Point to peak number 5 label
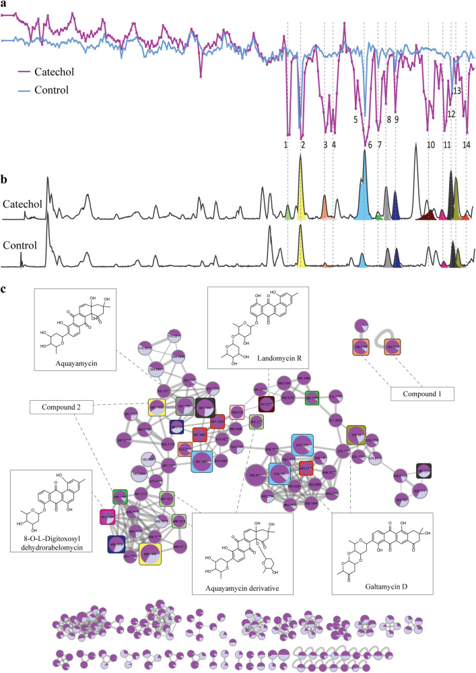355,119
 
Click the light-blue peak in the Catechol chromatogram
364,195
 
